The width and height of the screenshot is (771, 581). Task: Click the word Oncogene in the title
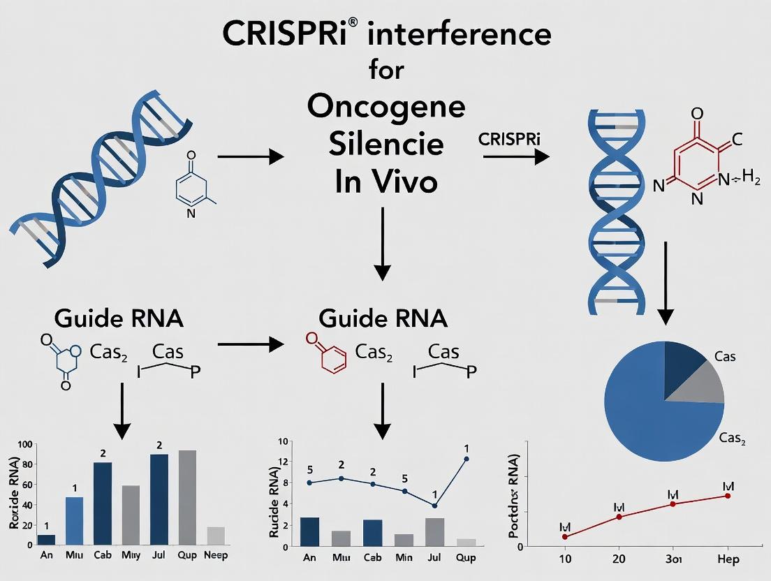[x=385, y=108]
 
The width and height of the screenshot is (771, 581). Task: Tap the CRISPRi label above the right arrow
[x=511, y=139]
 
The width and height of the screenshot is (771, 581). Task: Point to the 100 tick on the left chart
[x=24, y=445]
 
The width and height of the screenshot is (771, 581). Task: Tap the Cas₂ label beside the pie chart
[x=733, y=439]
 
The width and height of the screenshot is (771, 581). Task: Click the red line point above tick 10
[x=564, y=536]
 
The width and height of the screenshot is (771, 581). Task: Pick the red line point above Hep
[x=728, y=496]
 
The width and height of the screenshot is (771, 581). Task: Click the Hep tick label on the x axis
[x=728, y=559]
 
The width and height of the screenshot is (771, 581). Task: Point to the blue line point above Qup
[x=466, y=459]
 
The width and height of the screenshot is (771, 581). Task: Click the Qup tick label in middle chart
[x=466, y=559]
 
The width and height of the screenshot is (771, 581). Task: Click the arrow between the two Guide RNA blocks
[x=251, y=344]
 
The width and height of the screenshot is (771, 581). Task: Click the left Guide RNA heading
[x=119, y=318]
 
